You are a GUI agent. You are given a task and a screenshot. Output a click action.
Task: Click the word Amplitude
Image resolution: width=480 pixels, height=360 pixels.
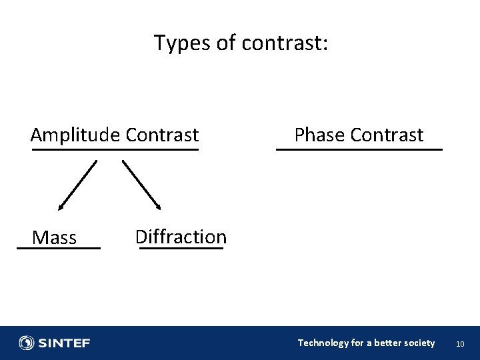click(x=75, y=135)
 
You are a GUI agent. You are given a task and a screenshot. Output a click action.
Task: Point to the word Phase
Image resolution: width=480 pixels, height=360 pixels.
click(x=318, y=135)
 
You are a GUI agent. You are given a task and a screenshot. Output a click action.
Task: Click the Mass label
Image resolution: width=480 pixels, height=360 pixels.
click(x=55, y=238)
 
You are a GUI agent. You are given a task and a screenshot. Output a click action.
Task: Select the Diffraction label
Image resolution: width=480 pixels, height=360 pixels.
click(x=181, y=237)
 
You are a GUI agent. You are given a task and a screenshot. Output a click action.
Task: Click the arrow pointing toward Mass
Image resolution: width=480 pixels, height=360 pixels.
click(x=77, y=185)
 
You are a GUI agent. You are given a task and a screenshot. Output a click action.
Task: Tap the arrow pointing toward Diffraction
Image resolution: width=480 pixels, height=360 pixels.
click(x=142, y=185)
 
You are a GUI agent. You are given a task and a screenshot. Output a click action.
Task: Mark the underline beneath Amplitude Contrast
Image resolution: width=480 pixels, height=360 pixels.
click(x=115, y=150)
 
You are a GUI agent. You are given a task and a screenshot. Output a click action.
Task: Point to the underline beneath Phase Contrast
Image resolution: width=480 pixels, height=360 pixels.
click(x=359, y=150)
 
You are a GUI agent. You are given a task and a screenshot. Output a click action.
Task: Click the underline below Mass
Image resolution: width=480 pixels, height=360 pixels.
click(x=59, y=248)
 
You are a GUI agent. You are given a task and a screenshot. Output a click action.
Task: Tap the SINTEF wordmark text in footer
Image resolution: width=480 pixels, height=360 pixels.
click(x=64, y=343)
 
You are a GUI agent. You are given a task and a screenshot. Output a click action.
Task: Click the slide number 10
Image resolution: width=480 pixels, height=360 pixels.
click(x=459, y=344)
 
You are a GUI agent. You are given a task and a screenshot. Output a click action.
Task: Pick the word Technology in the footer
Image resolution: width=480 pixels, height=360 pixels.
click(x=323, y=343)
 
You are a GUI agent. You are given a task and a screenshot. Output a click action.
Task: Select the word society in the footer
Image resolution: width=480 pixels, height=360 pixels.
click(x=418, y=343)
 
